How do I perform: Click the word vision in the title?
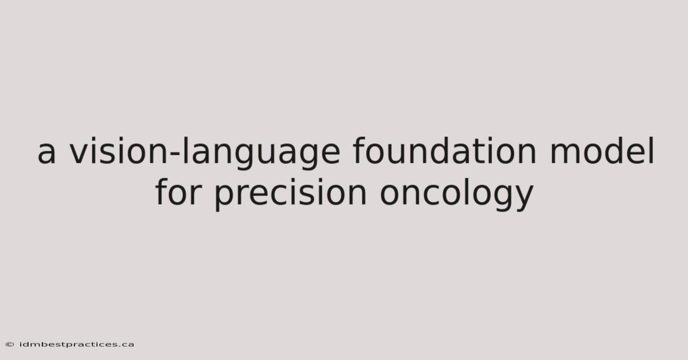click(x=119, y=151)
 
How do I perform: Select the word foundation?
click(x=444, y=151)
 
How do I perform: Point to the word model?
click(x=602, y=151)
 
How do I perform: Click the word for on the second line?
click(x=179, y=191)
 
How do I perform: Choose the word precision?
click(x=290, y=194)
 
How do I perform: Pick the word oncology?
click(x=457, y=194)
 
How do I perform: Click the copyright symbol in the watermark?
click(x=10, y=345)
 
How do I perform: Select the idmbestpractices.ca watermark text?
click(x=77, y=345)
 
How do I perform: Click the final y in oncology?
click(x=523, y=198)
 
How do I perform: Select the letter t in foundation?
click(x=472, y=152)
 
